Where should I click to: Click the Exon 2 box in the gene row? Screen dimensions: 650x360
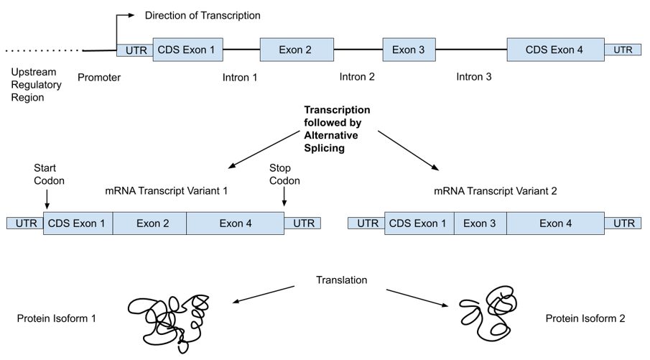[297, 50]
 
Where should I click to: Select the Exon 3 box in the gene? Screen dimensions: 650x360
[409, 50]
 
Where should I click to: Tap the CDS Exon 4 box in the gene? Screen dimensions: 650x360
[555, 50]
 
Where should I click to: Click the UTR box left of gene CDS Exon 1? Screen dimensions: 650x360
[135, 50]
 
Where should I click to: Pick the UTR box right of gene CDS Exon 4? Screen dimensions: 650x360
[623, 50]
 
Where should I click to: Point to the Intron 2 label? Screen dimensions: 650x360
[357, 77]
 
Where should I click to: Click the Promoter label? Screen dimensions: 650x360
[99, 78]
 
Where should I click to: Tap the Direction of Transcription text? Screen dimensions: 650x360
[203, 15]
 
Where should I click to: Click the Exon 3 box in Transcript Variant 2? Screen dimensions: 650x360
[480, 223]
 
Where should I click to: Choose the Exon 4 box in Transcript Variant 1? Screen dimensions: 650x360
[236, 223]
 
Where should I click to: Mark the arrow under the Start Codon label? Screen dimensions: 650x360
[47, 198]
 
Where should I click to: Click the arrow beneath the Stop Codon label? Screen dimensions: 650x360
[284, 197]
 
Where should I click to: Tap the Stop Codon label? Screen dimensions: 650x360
[284, 174]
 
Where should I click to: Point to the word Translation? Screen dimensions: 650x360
[342, 280]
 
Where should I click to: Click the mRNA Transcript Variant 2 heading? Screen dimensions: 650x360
[496, 191]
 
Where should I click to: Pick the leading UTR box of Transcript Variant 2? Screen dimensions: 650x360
[366, 223]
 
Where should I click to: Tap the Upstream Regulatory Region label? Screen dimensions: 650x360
[36, 85]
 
